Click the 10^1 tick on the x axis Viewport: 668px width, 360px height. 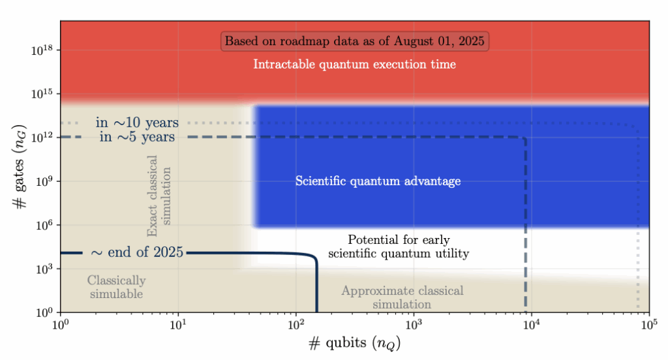pos(178,323)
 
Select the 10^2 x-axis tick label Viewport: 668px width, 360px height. pos(296,323)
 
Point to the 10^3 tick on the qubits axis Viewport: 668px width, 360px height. pos(414,323)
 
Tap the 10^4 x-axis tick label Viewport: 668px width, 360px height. pos(531,323)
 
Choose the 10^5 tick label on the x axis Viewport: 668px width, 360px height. pos(648,323)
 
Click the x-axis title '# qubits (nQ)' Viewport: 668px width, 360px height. pos(355,343)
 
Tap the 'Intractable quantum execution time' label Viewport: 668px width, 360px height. pos(355,65)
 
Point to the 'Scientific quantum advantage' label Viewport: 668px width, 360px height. pos(378,181)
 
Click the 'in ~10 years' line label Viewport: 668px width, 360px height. pos(137,123)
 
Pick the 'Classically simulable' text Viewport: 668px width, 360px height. pos(115,287)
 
